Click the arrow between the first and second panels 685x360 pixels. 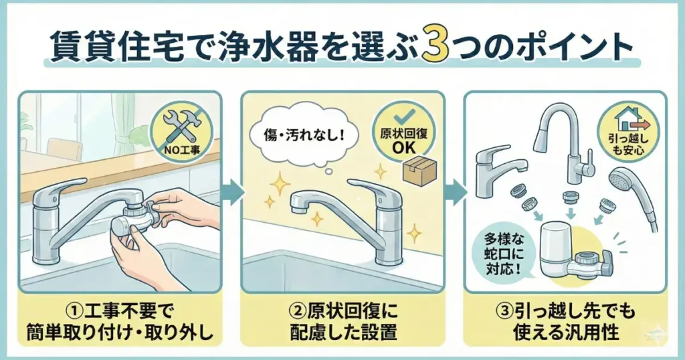click(231, 193)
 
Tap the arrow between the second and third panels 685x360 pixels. click(454, 193)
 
